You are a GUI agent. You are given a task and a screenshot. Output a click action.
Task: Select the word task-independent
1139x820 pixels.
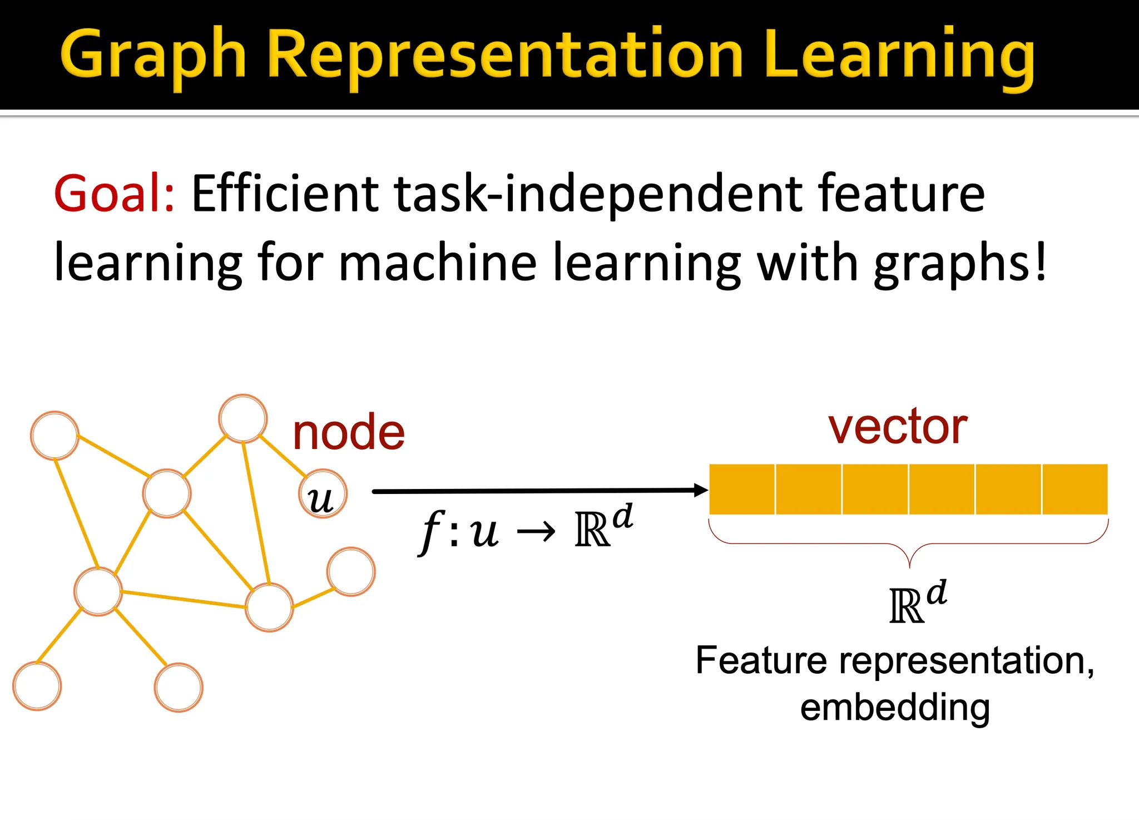tap(598, 195)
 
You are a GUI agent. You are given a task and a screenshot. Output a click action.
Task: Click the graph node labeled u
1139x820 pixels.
tap(323, 495)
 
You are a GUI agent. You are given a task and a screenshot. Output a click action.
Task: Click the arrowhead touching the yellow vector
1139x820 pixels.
tap(700, 490)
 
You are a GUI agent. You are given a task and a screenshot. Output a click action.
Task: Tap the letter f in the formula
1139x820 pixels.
tap(430, 532)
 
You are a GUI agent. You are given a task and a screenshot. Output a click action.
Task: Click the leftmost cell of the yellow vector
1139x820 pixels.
tap(742, 489)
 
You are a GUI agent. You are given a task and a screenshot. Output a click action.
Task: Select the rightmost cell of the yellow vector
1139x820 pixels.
tap(1074, 489)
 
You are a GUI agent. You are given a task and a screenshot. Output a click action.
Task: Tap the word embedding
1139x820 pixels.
tap(895, 708)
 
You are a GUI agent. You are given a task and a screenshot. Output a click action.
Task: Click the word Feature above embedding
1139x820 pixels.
tap(761, 661)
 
